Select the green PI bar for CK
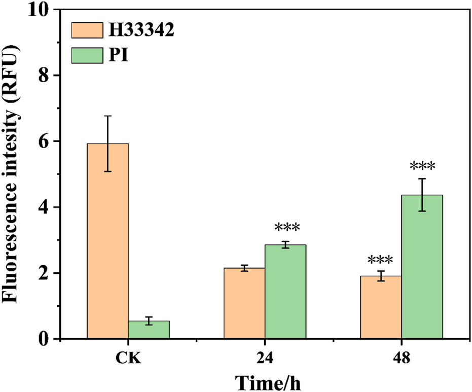(149, 330)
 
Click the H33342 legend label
(141, 31)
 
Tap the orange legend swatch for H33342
(86, 31)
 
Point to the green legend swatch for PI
(86, 55)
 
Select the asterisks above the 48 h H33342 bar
(381, 261)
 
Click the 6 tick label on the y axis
(47, 141)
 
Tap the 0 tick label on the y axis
(47, 339)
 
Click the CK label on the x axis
(128, 359)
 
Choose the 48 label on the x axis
(402, 359)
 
